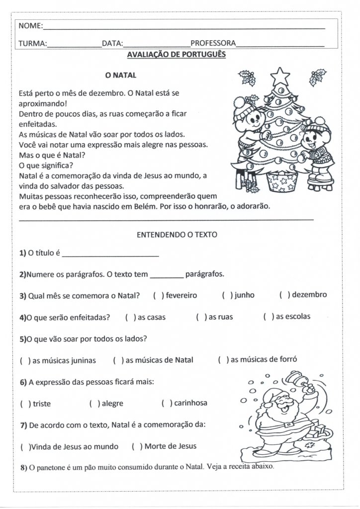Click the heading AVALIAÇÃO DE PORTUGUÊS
pos(177,54)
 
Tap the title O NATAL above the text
pos(121,76)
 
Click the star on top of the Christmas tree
pos(279,76)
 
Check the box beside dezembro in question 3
pos(285,295)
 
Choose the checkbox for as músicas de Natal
pos(118,360)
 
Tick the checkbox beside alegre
pos(94,404)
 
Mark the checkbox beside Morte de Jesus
pos(138,446)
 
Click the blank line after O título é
pos(110,254)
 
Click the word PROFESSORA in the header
pos(213,43)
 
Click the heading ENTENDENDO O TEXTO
pos(177,235)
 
